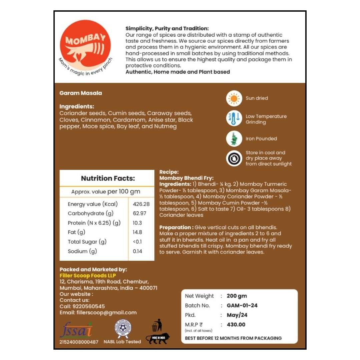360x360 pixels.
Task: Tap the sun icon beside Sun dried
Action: (234, 98)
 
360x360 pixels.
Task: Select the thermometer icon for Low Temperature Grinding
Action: (234, 118)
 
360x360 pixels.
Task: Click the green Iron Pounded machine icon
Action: (234, 139)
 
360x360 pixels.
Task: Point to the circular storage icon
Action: (234, 158)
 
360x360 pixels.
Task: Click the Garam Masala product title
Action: (81, 93)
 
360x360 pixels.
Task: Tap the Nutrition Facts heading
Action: (108, 178)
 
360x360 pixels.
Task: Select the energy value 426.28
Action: (141, 204)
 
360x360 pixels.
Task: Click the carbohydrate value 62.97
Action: (139, 213)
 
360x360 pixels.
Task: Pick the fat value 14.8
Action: (137, 232)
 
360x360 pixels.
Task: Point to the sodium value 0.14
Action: (137, 251)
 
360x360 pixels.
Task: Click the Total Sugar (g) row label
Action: (87, 242)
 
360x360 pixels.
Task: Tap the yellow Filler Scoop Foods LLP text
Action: (88, 276)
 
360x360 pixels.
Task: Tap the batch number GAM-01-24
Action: (242, 305)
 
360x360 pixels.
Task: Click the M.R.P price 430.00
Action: (236, 325)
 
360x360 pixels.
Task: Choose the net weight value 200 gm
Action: (237, 296)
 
